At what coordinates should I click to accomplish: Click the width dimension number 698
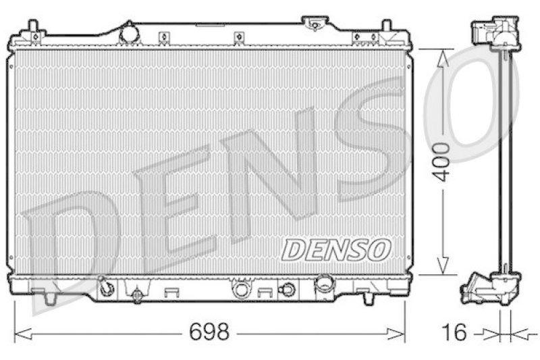(210, 332)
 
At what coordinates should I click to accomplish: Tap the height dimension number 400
(441, 162)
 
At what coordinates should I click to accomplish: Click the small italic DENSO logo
(335, 249)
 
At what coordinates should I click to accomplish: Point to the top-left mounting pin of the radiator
(32, 27)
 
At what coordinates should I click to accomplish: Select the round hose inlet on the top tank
(128, 32)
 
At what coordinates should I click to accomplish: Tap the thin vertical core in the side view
(502, 162)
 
